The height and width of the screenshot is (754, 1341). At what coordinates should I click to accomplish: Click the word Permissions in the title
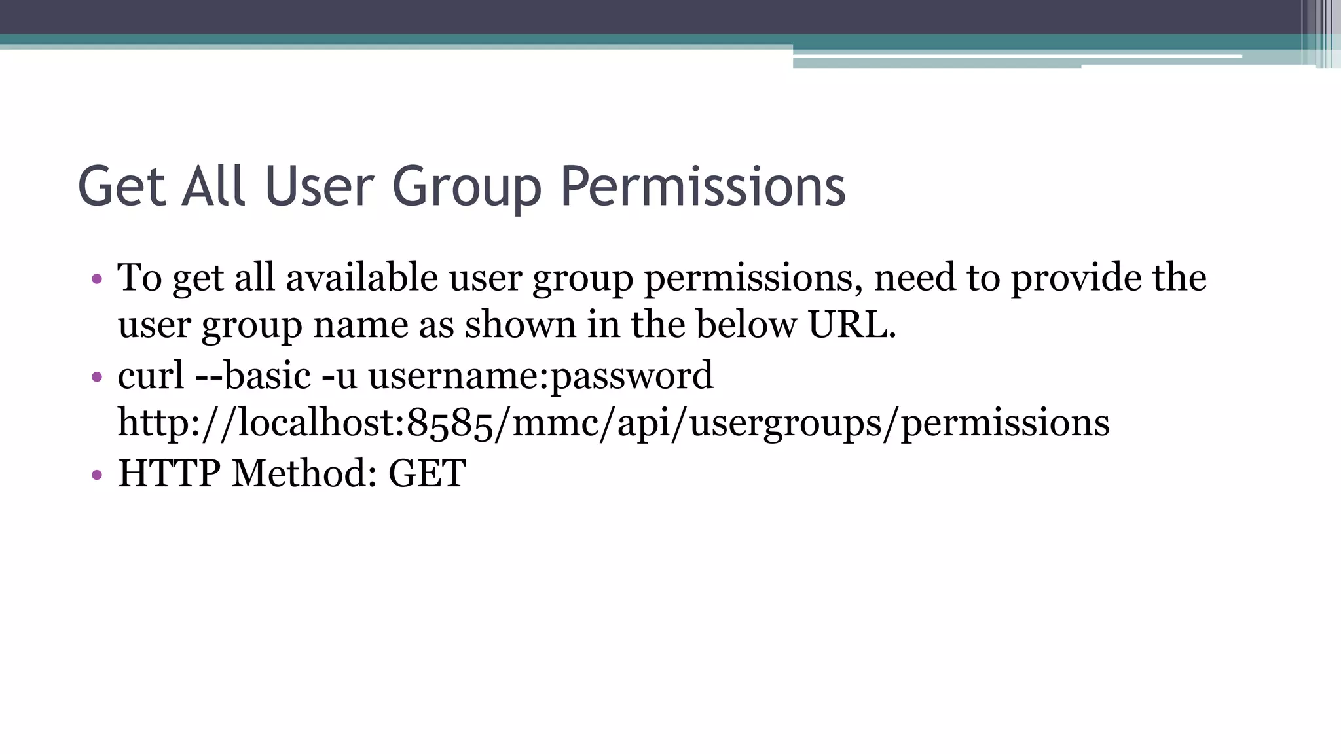pos(703,187)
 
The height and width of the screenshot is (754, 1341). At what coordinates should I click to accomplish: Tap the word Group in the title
pos(467,188)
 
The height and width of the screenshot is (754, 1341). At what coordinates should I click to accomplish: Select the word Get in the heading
pos(121,187)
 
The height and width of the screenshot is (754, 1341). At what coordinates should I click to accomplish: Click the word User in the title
pos(319,187)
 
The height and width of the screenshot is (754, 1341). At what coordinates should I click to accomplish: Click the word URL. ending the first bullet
pos(851,325)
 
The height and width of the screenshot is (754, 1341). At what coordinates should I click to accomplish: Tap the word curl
pos(151,376)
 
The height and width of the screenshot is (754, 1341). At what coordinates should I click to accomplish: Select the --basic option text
pos(253,376)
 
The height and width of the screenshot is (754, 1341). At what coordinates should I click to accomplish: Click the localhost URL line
pos(614,423)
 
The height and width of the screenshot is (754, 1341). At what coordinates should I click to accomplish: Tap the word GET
pos(427,473)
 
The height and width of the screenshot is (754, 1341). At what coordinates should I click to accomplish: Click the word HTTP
pos(169,473)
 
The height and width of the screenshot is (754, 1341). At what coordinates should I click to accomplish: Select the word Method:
pos(304,473)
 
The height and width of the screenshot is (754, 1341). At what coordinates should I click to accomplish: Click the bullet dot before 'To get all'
pos(97,279)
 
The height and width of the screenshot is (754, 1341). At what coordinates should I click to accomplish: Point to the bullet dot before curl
pos(97,377)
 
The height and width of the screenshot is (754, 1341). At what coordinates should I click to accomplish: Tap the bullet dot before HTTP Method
pos(97,475)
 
